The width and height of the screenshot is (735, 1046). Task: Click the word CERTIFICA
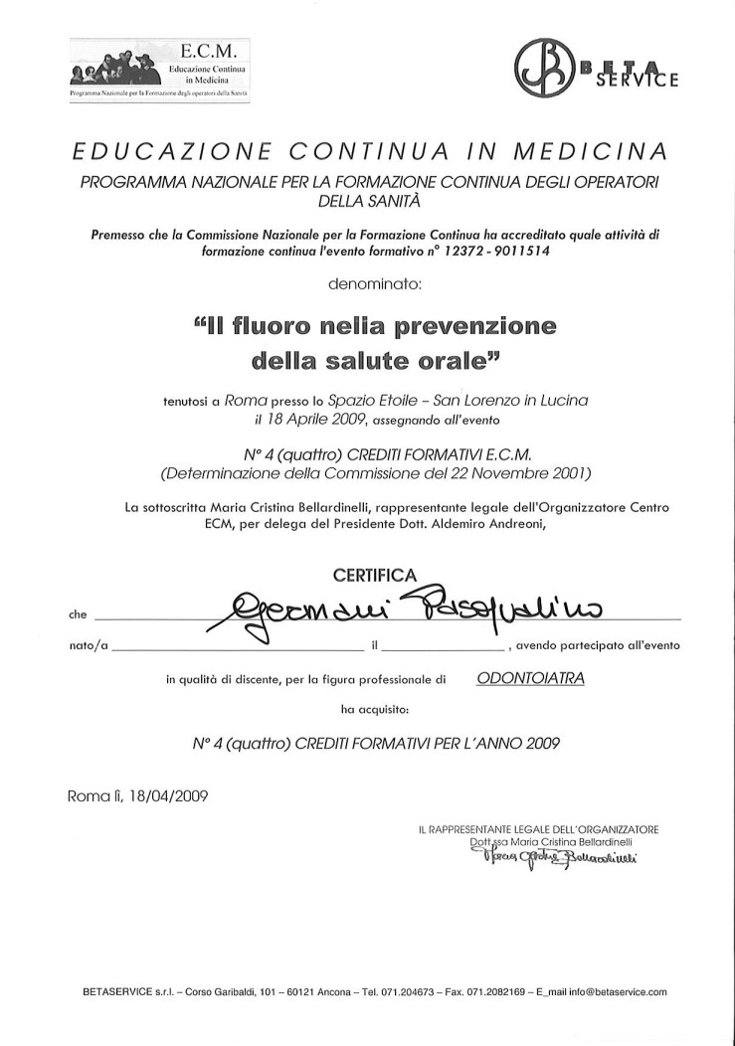tap(374, 574)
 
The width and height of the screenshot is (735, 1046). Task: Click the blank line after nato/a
tap(238, 645)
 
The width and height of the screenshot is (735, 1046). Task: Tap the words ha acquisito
tap(374, 709)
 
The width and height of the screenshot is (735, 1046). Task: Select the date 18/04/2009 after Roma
tap(168, 795)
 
